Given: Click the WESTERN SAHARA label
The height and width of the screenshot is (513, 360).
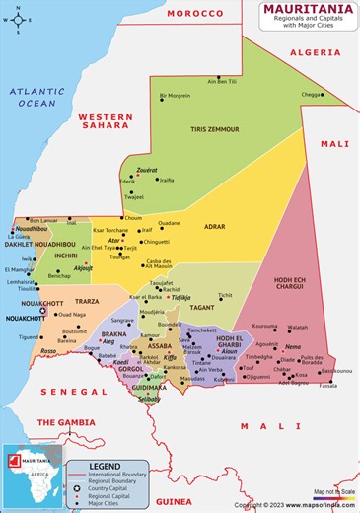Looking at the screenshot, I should (106, 120).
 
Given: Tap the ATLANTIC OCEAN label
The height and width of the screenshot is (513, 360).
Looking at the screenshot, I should (36, 96).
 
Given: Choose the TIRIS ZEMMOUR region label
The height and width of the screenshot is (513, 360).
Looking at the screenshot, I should (216, 129).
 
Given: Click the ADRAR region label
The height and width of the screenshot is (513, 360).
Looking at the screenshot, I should (215, 226).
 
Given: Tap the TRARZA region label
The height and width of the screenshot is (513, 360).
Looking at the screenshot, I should (87, 302).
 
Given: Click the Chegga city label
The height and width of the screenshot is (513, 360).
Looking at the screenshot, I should (311, 95).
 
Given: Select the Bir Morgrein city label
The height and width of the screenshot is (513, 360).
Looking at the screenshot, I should (176, 96).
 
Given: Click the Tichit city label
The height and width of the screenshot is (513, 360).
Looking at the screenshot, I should (225, 294).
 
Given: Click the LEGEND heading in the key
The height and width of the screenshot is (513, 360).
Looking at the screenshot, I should (105, 465).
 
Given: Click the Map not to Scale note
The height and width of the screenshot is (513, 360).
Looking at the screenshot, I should (333, 491).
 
